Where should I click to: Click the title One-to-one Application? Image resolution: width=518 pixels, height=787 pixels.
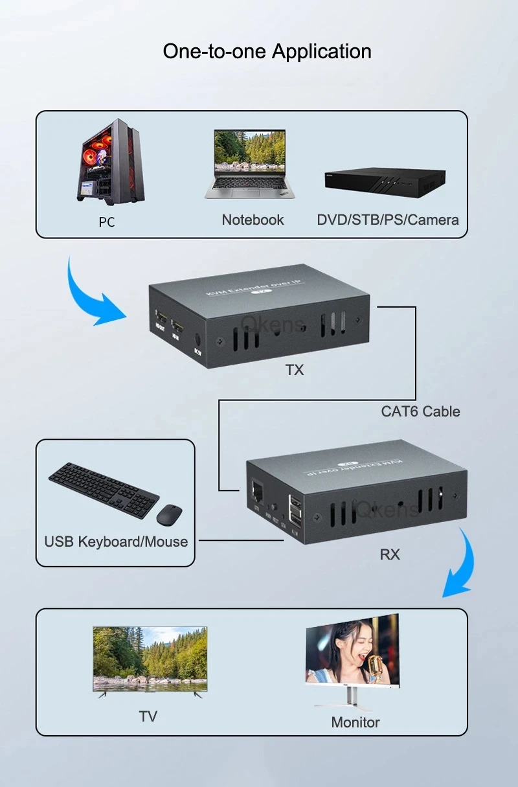click(267, 51)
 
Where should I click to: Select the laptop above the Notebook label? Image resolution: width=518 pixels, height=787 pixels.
click(249, 163)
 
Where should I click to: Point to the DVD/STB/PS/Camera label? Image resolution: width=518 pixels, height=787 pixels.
click(387, 220)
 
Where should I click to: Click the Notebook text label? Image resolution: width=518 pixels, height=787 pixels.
click(253, 220)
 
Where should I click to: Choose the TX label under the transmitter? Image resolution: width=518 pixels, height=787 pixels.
click(294, 371)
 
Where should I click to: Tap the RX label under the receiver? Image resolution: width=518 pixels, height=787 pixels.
click(390, 554)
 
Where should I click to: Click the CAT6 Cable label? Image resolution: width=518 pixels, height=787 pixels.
click(420, 411)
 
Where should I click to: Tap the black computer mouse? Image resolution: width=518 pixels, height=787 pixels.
click(169, 514)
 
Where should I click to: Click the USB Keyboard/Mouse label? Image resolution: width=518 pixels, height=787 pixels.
click(116, 542)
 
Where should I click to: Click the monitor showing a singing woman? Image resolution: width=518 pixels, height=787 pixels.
click(352, 654)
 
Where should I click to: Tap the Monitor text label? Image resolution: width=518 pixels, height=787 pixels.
click(355, 722)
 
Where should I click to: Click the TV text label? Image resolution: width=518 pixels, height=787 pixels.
click(148, 716)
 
